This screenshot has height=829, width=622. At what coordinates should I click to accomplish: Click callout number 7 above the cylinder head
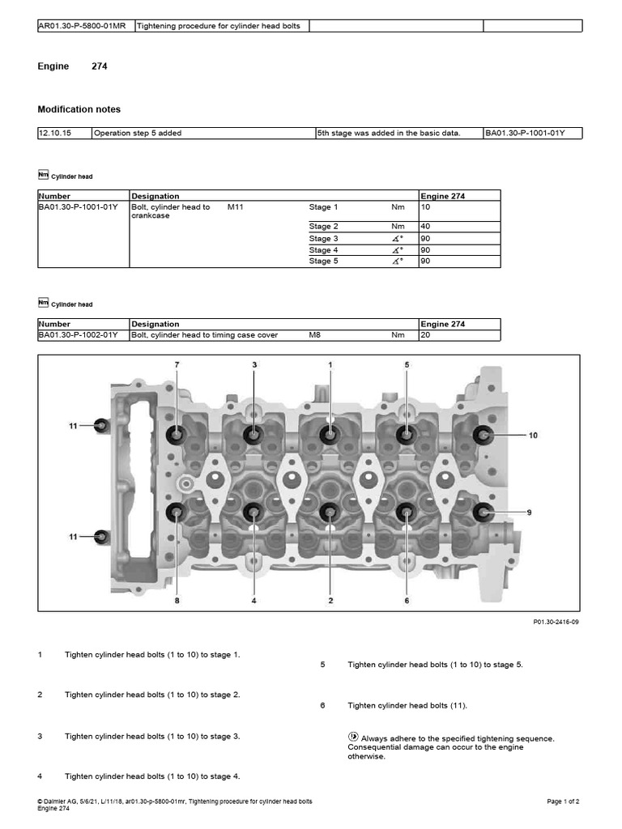point(177,365)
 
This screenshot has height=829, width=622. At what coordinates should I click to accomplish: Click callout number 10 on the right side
point(533,436)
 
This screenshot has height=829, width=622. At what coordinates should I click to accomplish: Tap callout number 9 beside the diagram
point(529,512)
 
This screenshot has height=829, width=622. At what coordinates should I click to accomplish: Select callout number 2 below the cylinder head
point(330,601)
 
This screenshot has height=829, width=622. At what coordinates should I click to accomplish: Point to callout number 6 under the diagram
point(407,601)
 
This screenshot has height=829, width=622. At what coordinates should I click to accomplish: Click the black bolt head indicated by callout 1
point(330,435)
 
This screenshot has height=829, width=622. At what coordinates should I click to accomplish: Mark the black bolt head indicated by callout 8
point(177,512)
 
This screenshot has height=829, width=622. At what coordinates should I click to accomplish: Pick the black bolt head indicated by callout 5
point(406,435)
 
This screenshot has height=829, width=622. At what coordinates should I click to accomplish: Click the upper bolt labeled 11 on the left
point(101,425)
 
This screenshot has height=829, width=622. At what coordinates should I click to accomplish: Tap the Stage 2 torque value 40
point(425,227)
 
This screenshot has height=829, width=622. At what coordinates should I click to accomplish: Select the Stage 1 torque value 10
point(425,207)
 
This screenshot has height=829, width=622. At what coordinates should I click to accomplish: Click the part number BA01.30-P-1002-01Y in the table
point(78,335)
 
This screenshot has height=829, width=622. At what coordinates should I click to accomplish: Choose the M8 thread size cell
point(315,335)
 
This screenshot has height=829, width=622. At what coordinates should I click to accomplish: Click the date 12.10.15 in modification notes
point(54,133)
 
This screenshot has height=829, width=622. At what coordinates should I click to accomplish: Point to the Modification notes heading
point(79,109)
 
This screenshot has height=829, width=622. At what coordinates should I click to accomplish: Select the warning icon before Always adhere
point(353,738)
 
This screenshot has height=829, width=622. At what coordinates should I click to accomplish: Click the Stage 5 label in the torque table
point(323,261)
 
